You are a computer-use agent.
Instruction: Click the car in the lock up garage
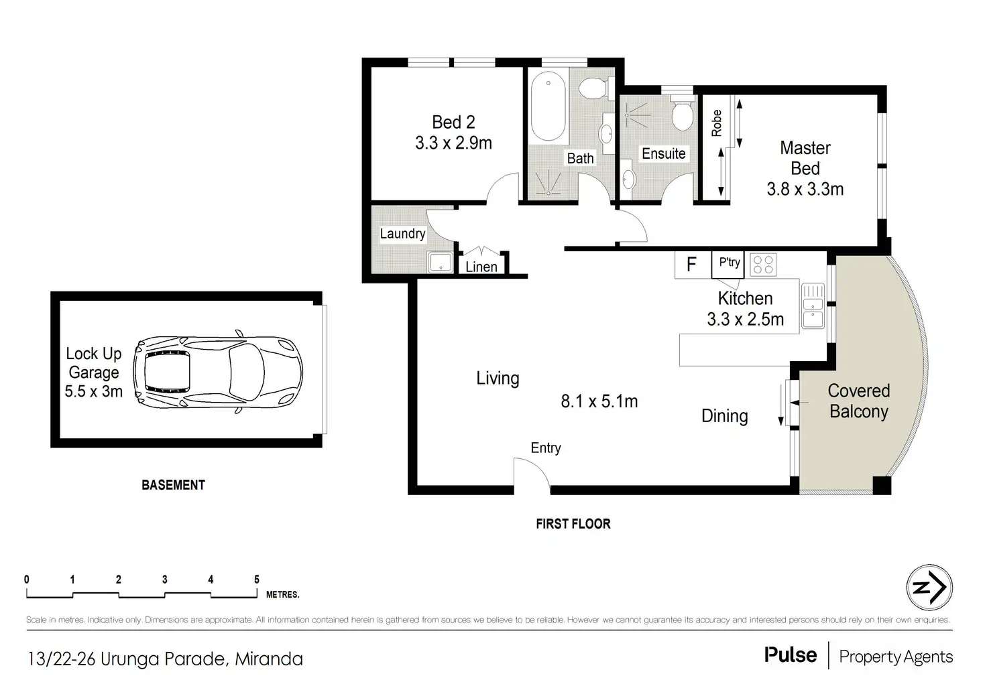218,372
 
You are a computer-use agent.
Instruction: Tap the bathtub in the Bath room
548,106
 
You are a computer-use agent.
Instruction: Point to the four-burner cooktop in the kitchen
763,265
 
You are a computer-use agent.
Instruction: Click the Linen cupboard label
481,267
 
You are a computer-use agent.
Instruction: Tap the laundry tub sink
440,263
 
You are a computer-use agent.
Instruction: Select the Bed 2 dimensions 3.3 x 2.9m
453,143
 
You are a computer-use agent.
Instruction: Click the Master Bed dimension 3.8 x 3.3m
805,190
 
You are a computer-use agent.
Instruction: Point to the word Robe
717,123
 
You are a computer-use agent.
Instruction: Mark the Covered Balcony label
859,401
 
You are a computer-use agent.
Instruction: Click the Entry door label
546,448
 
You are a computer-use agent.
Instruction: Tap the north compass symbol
929,588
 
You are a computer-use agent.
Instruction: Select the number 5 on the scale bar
257,580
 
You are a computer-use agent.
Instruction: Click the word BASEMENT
173,485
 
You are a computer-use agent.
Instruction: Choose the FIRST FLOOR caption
573,524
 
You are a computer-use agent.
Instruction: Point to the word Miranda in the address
269,659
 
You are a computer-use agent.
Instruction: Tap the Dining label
724,417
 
